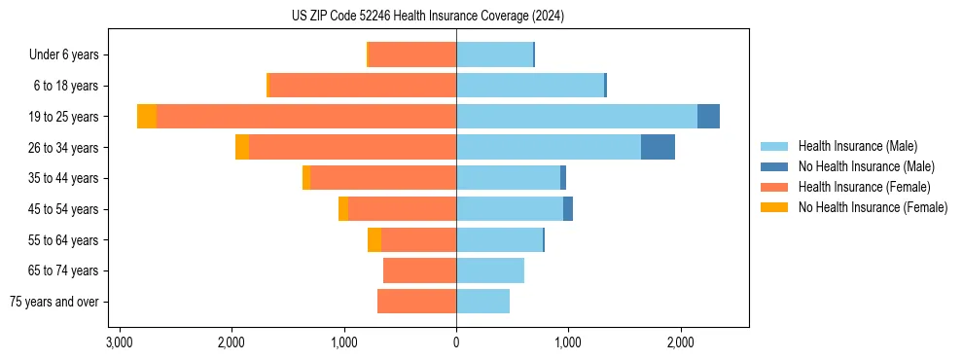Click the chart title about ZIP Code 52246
(427, 17)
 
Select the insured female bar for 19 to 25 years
(306, 117)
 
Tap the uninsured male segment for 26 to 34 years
(658, 148)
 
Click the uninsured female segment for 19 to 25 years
(147, 117)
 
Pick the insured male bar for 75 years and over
(482, 302)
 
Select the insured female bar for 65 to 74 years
(419, 270)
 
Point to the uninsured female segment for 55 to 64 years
(374, 240)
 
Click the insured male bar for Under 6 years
(494, 55)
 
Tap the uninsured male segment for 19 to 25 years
(708, 117)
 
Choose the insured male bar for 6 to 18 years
(530, 86)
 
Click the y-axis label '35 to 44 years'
(63, 178)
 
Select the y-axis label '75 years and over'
(54, 302)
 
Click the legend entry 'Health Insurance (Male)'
(857, 146)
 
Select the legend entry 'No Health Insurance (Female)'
(873, 207)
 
